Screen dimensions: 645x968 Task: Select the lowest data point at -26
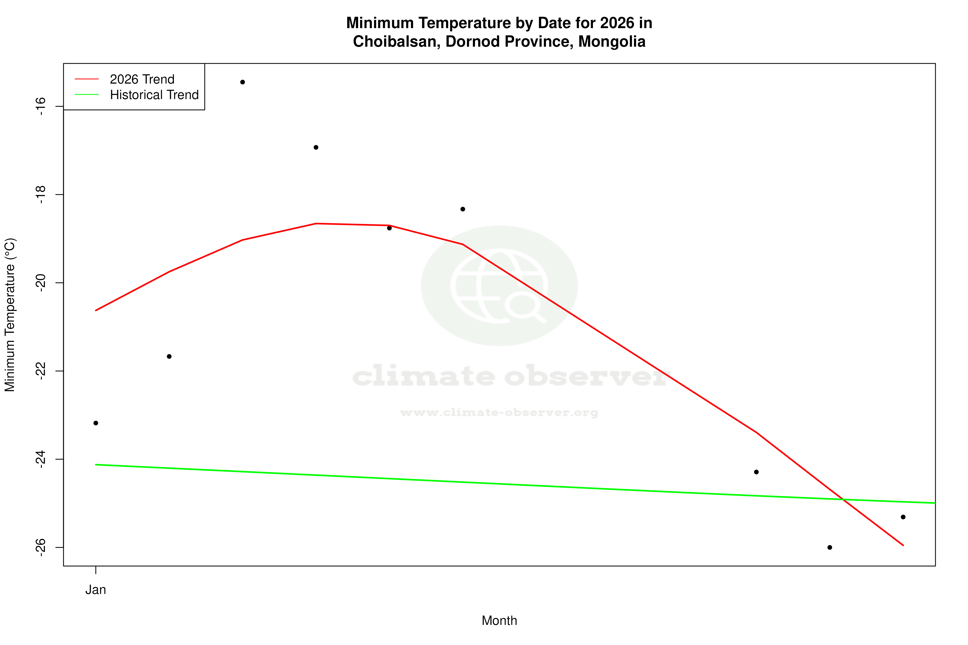tap(830, 547)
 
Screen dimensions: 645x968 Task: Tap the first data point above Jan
tap(96, 423)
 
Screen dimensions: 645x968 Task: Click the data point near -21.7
tap(169, 357)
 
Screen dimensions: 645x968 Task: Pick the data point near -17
tap(316, 147)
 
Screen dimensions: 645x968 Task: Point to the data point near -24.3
tap(756, 472)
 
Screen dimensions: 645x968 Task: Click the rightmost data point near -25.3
tap(903, 517)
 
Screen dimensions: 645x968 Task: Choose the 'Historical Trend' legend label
tap(154, 95)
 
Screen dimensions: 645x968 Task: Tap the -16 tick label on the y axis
tap(40, 107)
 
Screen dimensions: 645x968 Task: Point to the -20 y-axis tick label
tap(40, 283)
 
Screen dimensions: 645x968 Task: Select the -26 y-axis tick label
tap(40, 547)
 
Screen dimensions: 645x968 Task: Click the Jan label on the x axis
tap(96, 590)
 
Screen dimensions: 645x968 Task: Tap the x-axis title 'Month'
tap(499, 621)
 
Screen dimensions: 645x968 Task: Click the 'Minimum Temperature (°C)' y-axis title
tap(10, 315)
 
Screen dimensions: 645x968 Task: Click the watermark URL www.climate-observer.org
tap(499, 413)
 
